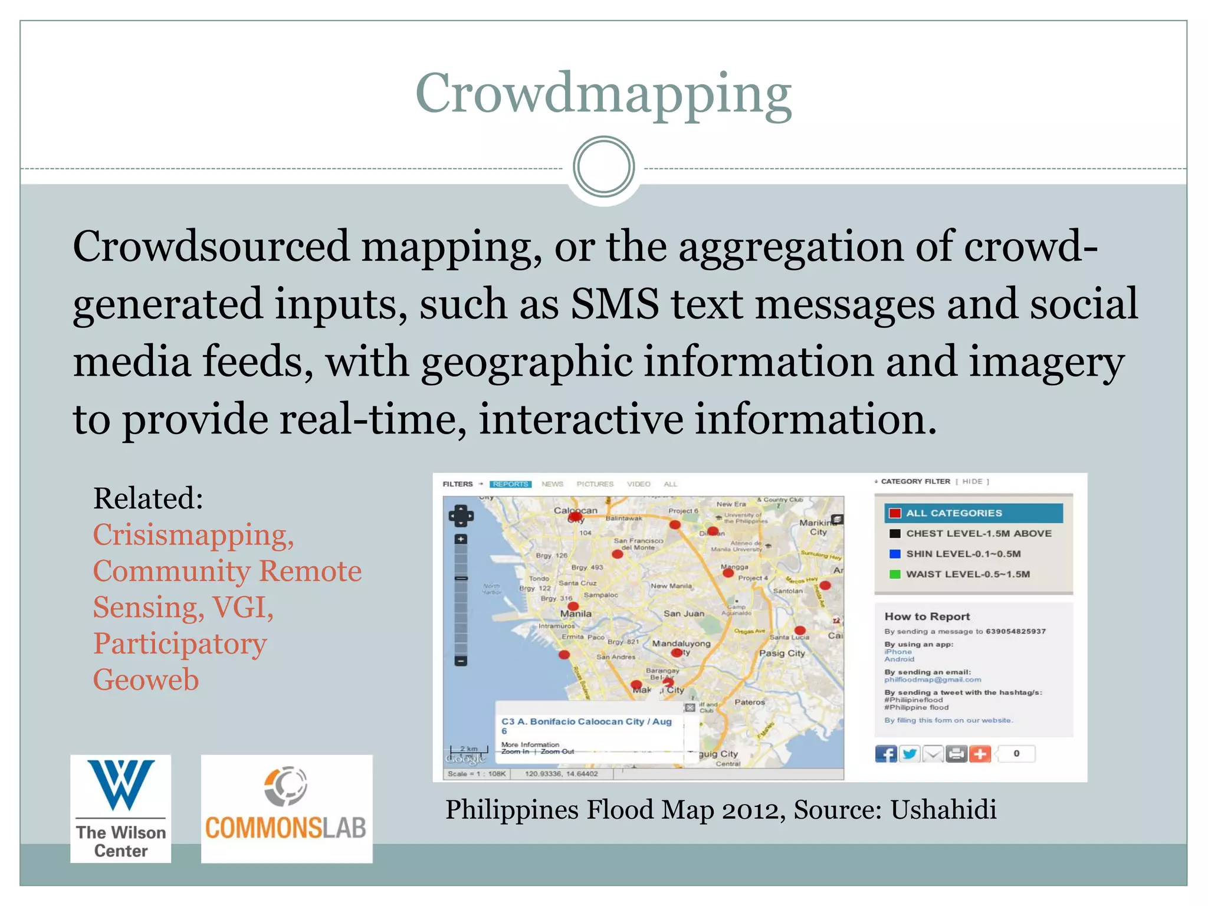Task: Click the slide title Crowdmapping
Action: coord(603,94)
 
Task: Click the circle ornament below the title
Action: coord(603,167)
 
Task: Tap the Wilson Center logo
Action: coord(121,809)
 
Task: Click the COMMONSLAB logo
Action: coord(286,809)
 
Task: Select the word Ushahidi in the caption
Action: coord(943,809)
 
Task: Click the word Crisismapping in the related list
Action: coord(193,535)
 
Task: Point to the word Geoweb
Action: coord(146,679)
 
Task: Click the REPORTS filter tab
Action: coord(510,484)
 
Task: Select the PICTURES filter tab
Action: coord(595,484)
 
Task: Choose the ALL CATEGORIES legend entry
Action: coord(973,513)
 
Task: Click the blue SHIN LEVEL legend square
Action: coord(895,554)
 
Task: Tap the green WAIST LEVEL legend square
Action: coord(895,574)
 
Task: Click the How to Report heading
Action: coord(927,616)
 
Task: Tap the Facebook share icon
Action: coord(885,754)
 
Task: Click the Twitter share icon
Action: coord(910,754)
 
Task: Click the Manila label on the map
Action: coord(576,613)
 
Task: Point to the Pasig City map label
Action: coord(782,653)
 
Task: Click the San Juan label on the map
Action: coord(684,613)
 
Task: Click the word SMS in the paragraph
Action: coord(615,304)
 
